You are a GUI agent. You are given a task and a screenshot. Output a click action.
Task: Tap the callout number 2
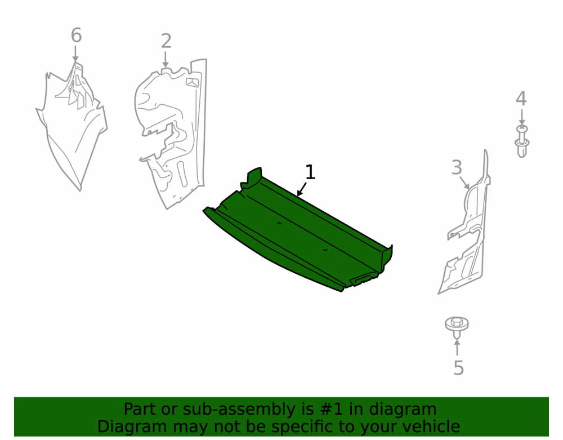click(x=166, y=41)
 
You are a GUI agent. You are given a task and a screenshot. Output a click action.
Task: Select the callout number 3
click(x=457, y=167)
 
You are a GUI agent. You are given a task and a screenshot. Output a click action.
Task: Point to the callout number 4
click(x=521, y=99)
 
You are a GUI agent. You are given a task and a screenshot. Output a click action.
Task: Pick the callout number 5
click(x=458, y=368)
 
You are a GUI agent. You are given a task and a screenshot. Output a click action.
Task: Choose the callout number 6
click(x=76, y=35)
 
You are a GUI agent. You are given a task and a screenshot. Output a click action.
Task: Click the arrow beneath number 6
click(x=75, y=54)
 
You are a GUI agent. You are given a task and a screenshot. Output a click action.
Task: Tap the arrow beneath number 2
click(x=165, y=60)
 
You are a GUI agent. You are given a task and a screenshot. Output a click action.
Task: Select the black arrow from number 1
click(x=302, y=189)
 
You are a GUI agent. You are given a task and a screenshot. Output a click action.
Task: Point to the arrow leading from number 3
click(x=464, y=183)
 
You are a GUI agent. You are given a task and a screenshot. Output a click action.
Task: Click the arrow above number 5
click(x=457, y=348)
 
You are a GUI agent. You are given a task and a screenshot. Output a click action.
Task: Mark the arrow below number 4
click(x=522, y=117)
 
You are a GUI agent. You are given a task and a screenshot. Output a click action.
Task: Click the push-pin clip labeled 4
click(x=522, y=141)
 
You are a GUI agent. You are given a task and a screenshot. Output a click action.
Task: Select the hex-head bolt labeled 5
click(x=457, y=326)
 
